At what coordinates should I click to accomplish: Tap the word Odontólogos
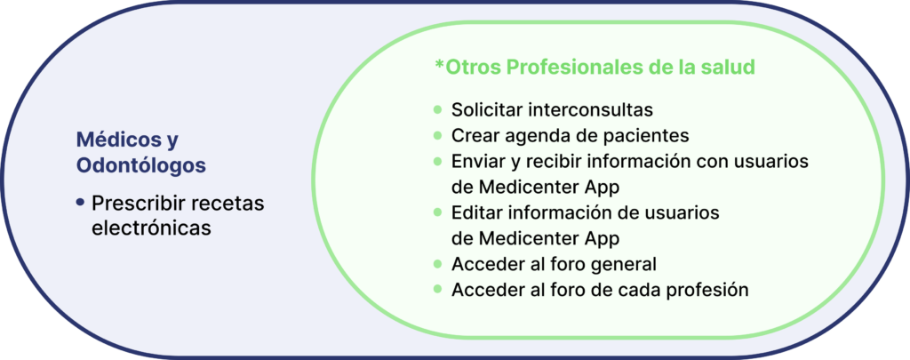click(141, 165)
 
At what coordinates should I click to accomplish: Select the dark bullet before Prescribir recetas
click(80, 203)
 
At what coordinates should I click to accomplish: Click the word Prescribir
click(138, 204)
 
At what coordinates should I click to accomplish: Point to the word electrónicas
click(151, 228)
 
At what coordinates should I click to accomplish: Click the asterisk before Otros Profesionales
click(439, 63)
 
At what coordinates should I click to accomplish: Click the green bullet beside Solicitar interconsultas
click(437, 109)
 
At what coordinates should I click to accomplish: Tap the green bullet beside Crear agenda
click(437, 135)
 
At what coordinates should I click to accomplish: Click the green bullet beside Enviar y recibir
click(437, 161)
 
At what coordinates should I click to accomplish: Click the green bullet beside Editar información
click(437, 212)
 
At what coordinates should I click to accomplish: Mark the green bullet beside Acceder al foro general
click(437, 264)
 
